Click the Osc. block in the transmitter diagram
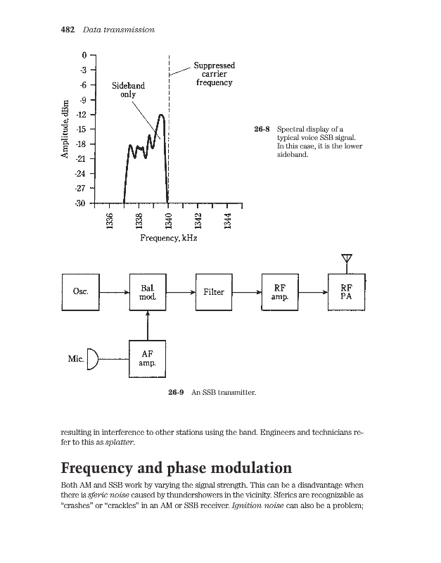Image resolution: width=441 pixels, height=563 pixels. [80, 291]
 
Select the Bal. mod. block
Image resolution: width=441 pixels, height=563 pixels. [148, 291]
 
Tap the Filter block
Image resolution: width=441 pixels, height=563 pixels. [213, 291]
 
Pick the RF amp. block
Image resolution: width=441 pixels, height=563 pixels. [280, 291]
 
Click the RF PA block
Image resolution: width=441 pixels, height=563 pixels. [347, 291]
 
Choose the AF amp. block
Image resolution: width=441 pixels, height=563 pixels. [148, 359]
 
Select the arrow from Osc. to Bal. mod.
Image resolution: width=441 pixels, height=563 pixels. [115, 291]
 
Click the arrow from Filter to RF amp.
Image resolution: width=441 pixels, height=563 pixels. [247, 291]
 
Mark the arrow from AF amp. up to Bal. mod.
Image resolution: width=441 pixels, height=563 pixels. [148, 325]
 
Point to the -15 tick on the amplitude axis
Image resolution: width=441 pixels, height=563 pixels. [82, 129]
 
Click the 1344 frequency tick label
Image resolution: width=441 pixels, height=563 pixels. [227, 221]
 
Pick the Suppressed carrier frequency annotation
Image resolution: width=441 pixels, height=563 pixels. [214, 74]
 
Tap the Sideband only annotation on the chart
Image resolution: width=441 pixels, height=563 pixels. [129, 90]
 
